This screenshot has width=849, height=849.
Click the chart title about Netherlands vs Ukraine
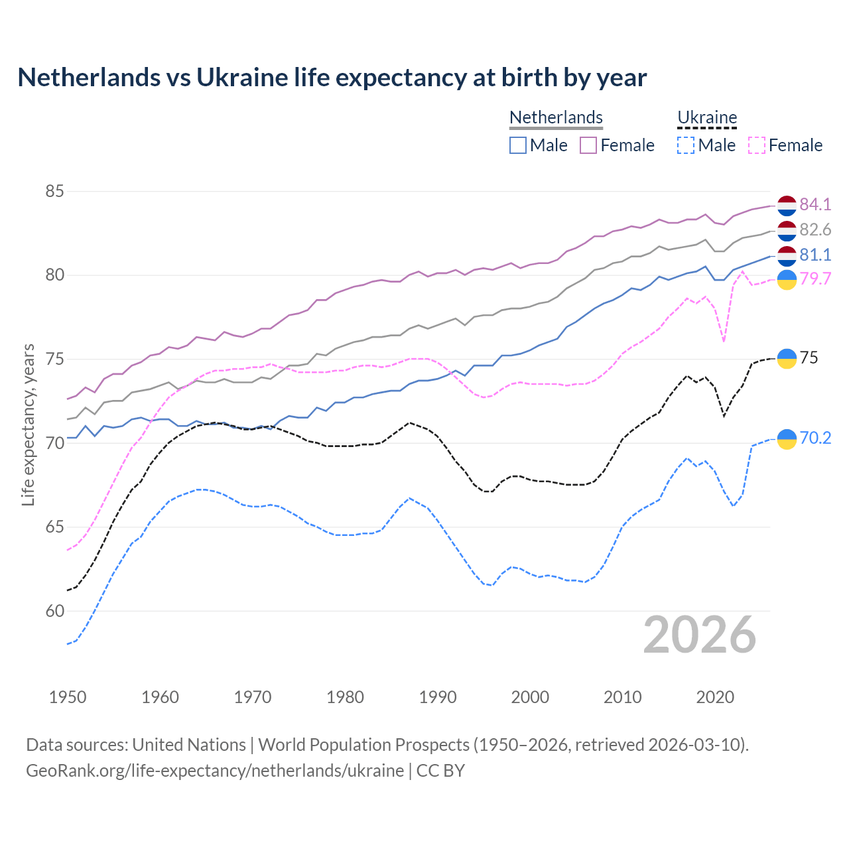click(x=332, y=78)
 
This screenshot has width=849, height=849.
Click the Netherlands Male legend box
click(x=518, y=145)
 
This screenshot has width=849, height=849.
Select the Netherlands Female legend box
click(x=588, y=145)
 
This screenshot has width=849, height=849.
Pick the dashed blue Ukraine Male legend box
click(x=686, y=145)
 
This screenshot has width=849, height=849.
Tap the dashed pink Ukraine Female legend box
click(x=756, y=145)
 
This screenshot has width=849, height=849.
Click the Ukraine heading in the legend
click(x=707, y=117)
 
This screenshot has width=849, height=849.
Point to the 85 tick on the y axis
click(x=54, y=192)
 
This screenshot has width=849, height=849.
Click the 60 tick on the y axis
click(x=54, y=611)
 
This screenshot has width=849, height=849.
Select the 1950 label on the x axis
click(x=68, y=697)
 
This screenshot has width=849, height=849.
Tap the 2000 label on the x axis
click(x=530, y=697)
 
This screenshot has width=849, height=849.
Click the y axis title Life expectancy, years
click(x=28, y=424)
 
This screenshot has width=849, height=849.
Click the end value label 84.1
click(x=815, y=204)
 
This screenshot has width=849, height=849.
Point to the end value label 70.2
click(x=815, y=438)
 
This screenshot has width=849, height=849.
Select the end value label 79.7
click(x=815, y=279)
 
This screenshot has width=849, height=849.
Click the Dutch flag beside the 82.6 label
click(x=787, y=231)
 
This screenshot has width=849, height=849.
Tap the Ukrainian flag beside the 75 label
click(x=787, y=358)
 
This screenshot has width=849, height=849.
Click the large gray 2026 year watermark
click(x=700, y=635)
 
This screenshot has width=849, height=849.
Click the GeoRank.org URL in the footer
click(x=215, y=771)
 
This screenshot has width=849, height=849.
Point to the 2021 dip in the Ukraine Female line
click(x=724, y=341)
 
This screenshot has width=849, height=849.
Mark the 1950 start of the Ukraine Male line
click(x=68, y=644)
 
